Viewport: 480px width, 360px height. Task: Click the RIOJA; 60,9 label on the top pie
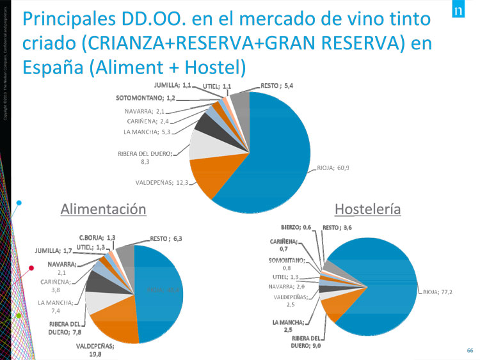pyautogui.click(x=333, y=168)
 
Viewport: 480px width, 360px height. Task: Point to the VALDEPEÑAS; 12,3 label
pyautogui.click(x=161, y=182)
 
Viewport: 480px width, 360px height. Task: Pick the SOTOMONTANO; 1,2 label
pyautogui.click(x=145, y=99)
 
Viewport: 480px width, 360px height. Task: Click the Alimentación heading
pyautogui.click(x=103, y=209)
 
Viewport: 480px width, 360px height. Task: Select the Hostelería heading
pyautogui.click(x=367, y=209)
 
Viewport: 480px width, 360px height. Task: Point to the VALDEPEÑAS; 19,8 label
pyautogui.click(x=95, y=349)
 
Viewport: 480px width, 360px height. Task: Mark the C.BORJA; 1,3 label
pyautogui.click(x=101, y=238)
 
